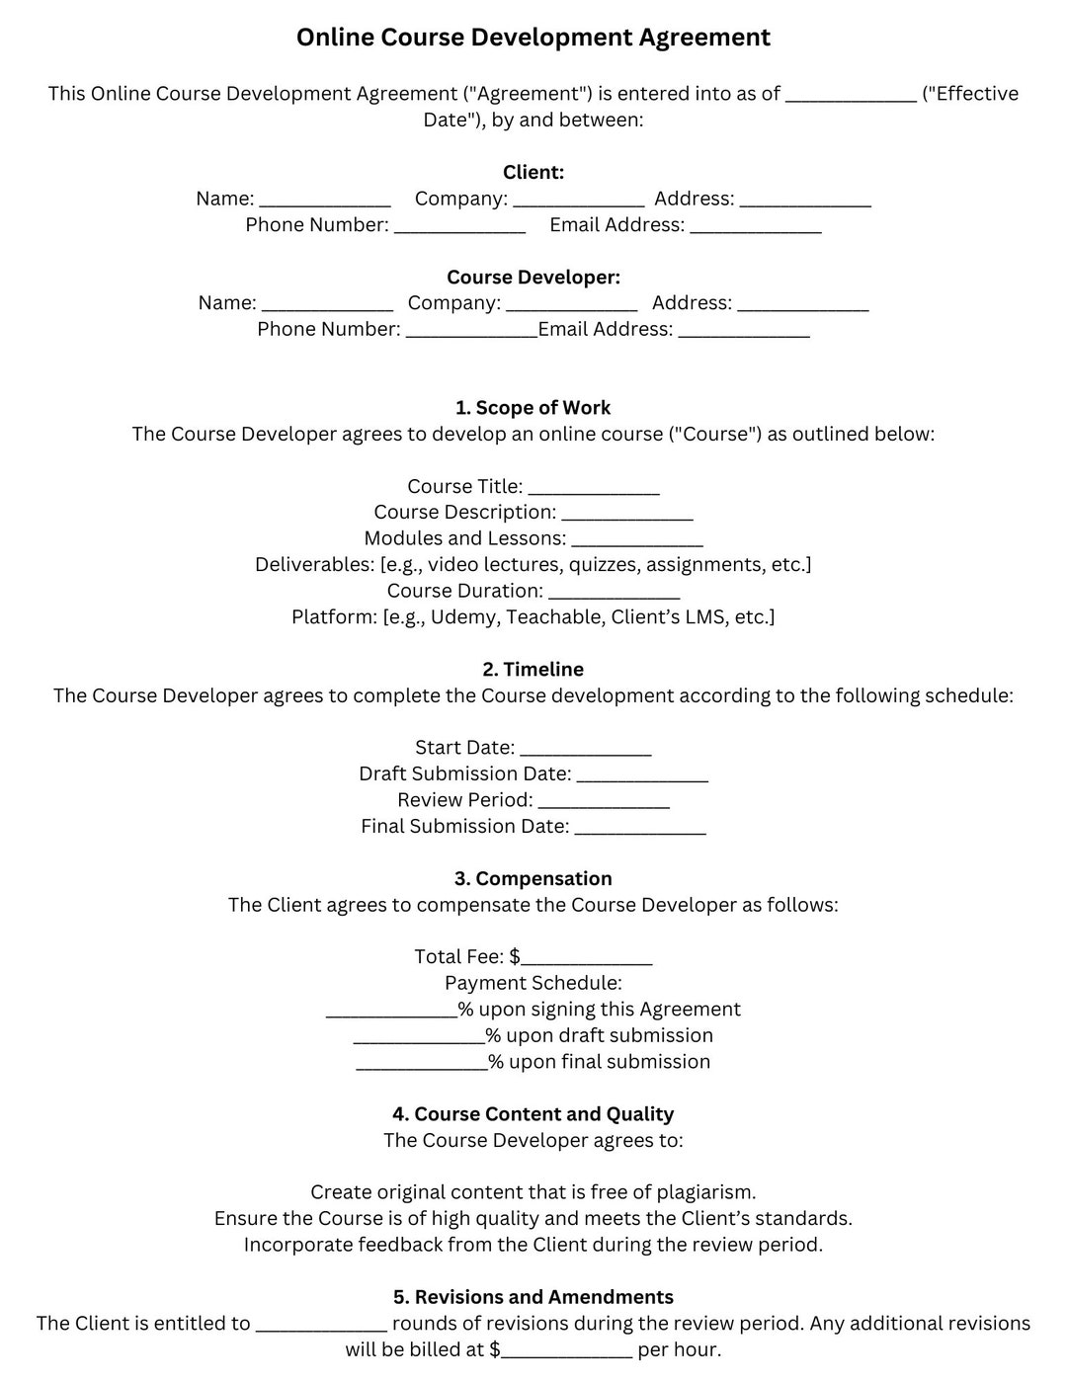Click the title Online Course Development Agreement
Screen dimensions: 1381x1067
(x=533, y=38)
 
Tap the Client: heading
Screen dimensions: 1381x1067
(x=533, y=173)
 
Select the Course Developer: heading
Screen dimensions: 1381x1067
(x=533, y=278)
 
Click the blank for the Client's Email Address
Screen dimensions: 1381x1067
(x=755, y=227)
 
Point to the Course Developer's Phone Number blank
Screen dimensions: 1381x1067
(x=471, y=332)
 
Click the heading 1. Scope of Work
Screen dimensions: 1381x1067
(x=533, y=408)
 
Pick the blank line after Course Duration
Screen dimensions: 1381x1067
(x=614, y=593)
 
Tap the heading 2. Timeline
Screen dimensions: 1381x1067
(x=533, y=670)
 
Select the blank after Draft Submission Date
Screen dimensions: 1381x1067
(x=642, y=775)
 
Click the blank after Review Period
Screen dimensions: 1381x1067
(x=604, y=802)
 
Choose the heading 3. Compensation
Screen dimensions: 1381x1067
(x=533, y=879)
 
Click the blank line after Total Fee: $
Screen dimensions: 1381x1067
(x=587, y=959)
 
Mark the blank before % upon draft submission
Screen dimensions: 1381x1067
(x=419, y=1038)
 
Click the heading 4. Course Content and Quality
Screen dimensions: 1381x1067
(x=533, y=1114)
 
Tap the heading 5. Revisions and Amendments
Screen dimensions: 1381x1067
(x=533, y=1297)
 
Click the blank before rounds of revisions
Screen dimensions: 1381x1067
(x=321, y=1326)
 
